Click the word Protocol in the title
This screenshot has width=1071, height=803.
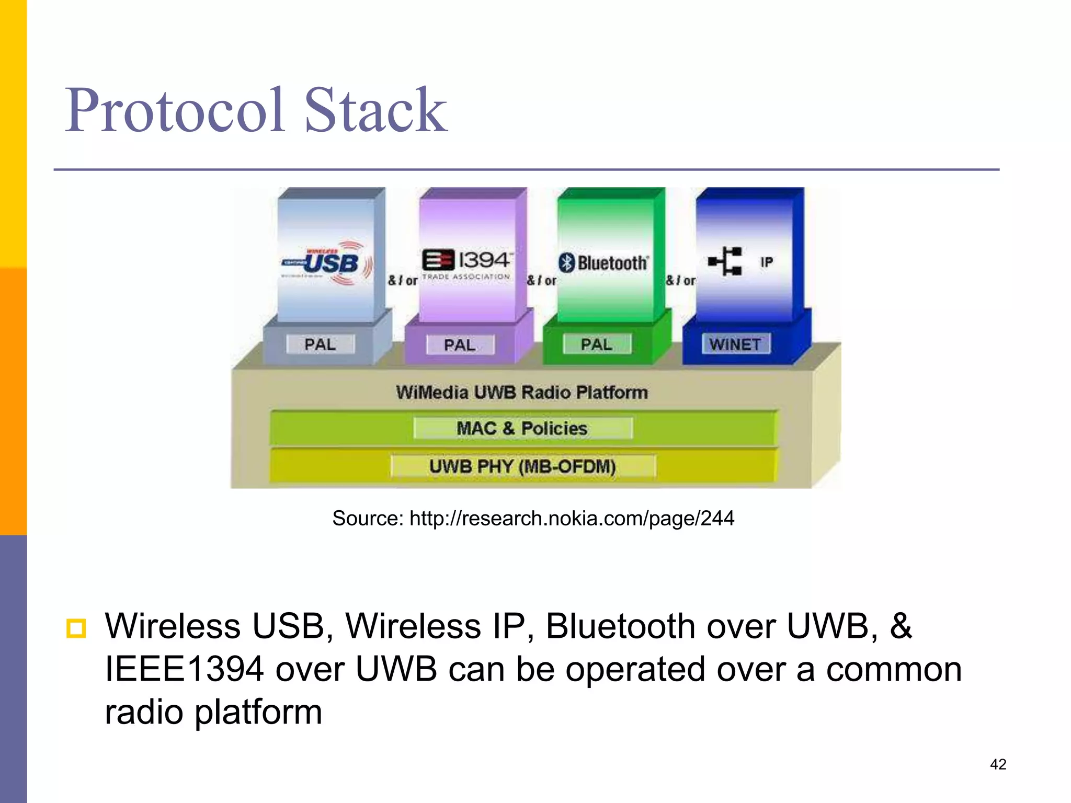tap(175, 111)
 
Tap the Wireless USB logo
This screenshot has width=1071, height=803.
tap(326, 263)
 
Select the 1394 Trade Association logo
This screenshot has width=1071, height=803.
tap(466, 265)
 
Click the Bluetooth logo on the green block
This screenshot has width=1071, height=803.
tap(603, 262)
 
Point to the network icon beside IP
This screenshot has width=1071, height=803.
tap(725, 261)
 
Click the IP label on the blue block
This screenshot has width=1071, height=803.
tap(766, 262)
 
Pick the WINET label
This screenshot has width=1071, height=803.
tap(735, 344)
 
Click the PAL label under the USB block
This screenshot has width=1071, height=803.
tap(320, 345)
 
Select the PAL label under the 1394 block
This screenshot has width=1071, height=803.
tap(460, 345)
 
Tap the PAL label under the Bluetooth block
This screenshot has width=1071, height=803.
tap(597, 345)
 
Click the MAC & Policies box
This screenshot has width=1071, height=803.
tap(522, 428)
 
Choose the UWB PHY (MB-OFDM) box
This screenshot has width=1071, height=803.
tap(522, 466)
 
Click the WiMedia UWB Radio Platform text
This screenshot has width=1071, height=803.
tap(521, 392)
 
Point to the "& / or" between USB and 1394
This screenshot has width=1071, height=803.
tap(402, 281)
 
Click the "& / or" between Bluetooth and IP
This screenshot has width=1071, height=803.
tap(680, 281)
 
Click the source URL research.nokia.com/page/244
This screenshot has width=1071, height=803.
tap(572, 518)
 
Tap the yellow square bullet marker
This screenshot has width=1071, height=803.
tap(76, 628)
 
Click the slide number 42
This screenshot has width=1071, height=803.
tap(998, 764)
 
